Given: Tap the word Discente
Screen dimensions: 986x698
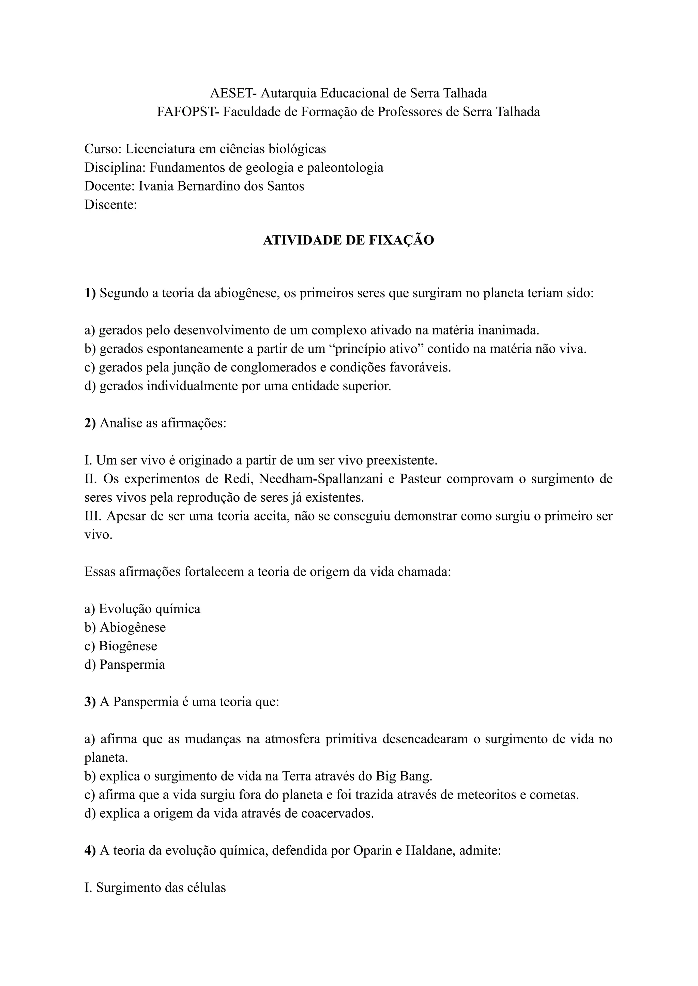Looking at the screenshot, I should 110,204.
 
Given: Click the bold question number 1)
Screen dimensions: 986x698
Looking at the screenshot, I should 90,293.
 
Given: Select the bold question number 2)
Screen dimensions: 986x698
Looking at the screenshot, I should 90,423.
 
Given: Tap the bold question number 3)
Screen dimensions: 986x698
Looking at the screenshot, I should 90,702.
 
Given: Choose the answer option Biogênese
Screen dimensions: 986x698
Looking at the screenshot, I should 128,646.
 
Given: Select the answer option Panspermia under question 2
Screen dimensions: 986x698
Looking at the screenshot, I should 132,665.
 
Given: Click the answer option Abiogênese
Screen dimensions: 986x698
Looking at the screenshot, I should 132,627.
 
